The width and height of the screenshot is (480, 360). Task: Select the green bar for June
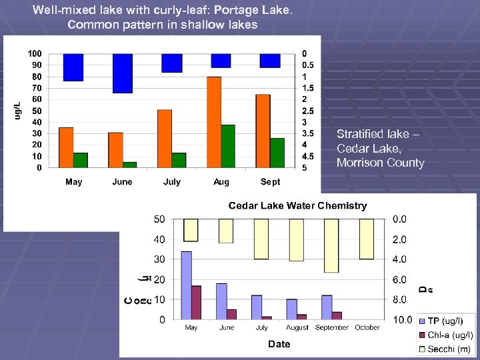pyautogui.click(x=129, y=165)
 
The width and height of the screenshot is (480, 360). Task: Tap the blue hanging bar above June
pyautogui.click(x=123, y=73)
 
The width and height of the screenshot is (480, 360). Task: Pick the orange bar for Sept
pyautogui.click(x=263, y=131)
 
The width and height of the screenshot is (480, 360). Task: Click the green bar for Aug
pyautogui.click(x=228, y=146)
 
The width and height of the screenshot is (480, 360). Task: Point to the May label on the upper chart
pyautogui.click(x=74, y=182)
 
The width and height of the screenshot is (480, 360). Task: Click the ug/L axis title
pyautogui.click(x=18, y=110)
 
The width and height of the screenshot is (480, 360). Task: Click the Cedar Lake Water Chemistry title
pyautogui.click(x=297, y=205)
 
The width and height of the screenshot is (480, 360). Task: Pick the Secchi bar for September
pyautogui.click(x=331, y=245)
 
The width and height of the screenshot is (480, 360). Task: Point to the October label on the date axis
pyautogui.click(x=367, y=327)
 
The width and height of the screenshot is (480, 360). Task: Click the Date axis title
pyautogui.click(x=279, y=344)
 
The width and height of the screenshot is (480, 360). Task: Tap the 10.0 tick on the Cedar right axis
pyautogui.click(x=402, y=320)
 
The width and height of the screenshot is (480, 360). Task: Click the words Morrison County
pyautogui.click(x=380, y=163)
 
